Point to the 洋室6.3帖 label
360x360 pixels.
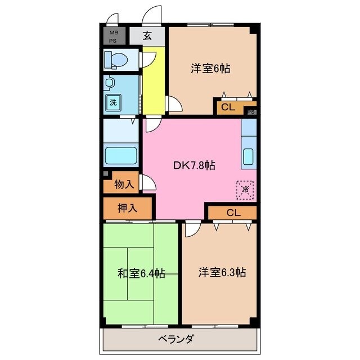point(222,272)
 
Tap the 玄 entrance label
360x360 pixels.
point(147,37)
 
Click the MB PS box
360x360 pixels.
point(114,37)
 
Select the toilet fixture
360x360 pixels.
point(119,59)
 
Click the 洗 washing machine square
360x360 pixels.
point(113,102)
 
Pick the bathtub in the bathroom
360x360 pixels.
point(121,155)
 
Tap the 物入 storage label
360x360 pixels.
point(123,184)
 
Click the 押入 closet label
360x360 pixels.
point(127,208)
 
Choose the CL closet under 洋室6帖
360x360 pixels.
point(228,107)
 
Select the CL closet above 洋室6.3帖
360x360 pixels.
point(233,213)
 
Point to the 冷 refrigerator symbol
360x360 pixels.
point(245,189)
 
